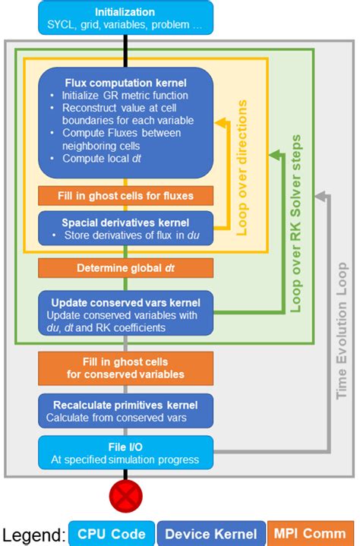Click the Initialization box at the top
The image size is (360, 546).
click(x=125, y=17)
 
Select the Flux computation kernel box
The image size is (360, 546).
click(x=125, y=122)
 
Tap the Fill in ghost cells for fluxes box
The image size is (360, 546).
click(x=125, y=196)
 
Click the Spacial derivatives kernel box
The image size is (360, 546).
click(x=125, y=228)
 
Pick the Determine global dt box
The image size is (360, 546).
click(x=125, y=268)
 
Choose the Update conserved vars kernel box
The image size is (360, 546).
click(x=125, y=311)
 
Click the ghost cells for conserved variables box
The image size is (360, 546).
click(x=125, y=368)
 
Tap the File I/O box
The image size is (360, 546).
click(x=125, y=453)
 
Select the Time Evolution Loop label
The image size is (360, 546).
click(x=343, y=330)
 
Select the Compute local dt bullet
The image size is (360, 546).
click(x=98, y=158)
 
